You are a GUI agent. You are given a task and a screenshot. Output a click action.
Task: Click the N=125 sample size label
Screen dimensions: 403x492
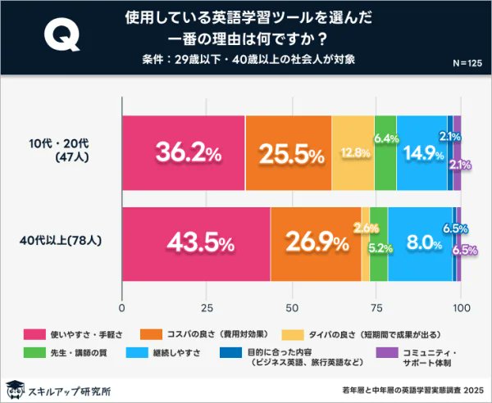[467, 63]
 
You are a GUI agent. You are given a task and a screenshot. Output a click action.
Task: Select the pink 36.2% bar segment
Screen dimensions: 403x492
[183, 153]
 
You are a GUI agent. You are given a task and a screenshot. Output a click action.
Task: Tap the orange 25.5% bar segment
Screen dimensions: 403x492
[288, 153]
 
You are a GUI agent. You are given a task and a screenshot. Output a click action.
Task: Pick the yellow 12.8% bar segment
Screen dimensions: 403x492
[353, 153]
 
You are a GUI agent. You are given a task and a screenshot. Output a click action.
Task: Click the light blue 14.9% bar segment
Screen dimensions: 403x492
[421, 153]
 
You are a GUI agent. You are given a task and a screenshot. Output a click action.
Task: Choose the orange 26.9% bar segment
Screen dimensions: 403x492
[316, 243]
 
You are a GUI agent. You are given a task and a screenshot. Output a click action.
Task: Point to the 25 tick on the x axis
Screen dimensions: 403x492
[207, 307]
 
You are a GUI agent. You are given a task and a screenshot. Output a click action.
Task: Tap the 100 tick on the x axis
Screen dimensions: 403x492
[460, 307]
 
